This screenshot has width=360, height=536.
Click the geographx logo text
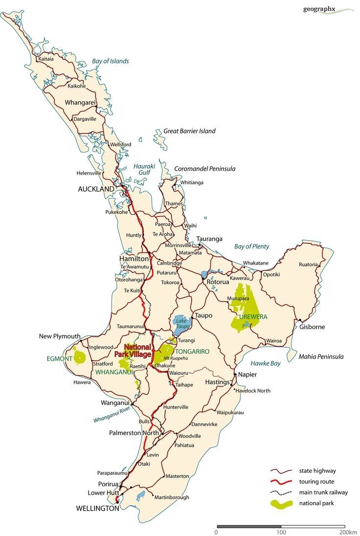(x=319, y=9)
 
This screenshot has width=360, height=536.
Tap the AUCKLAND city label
(x=96, y=189)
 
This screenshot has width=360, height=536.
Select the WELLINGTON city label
(x=98, y=508)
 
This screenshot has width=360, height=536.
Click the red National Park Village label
(x=133, y=350)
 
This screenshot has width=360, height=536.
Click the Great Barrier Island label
(x=189, y=131)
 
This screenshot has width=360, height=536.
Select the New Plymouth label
(x=60, y=336)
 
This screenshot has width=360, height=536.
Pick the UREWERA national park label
(x=253, y=317)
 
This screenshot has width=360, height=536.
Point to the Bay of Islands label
(x=110, y=61)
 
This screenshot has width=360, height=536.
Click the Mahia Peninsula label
(x=321, y=357)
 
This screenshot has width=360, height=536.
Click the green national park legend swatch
(x=282, y=503)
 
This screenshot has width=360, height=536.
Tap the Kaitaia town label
(x=46, y=59)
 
